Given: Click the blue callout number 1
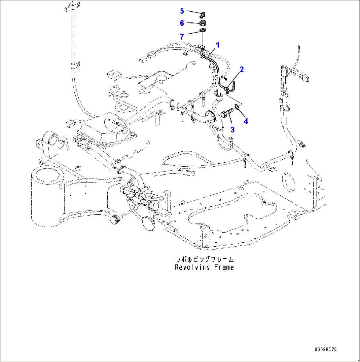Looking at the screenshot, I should coord(218,44).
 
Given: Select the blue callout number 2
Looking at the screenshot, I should coord(242,69).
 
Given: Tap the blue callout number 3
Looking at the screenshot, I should coord(233,129).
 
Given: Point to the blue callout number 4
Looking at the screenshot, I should coord(246,121).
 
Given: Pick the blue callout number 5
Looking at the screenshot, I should coord(182,11).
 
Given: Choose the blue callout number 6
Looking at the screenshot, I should coord(182,23).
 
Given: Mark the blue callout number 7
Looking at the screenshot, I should coord(182,36).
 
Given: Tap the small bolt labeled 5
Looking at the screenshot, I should coord(203,14).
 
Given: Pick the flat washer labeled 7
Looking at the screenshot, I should coord(203,31).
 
